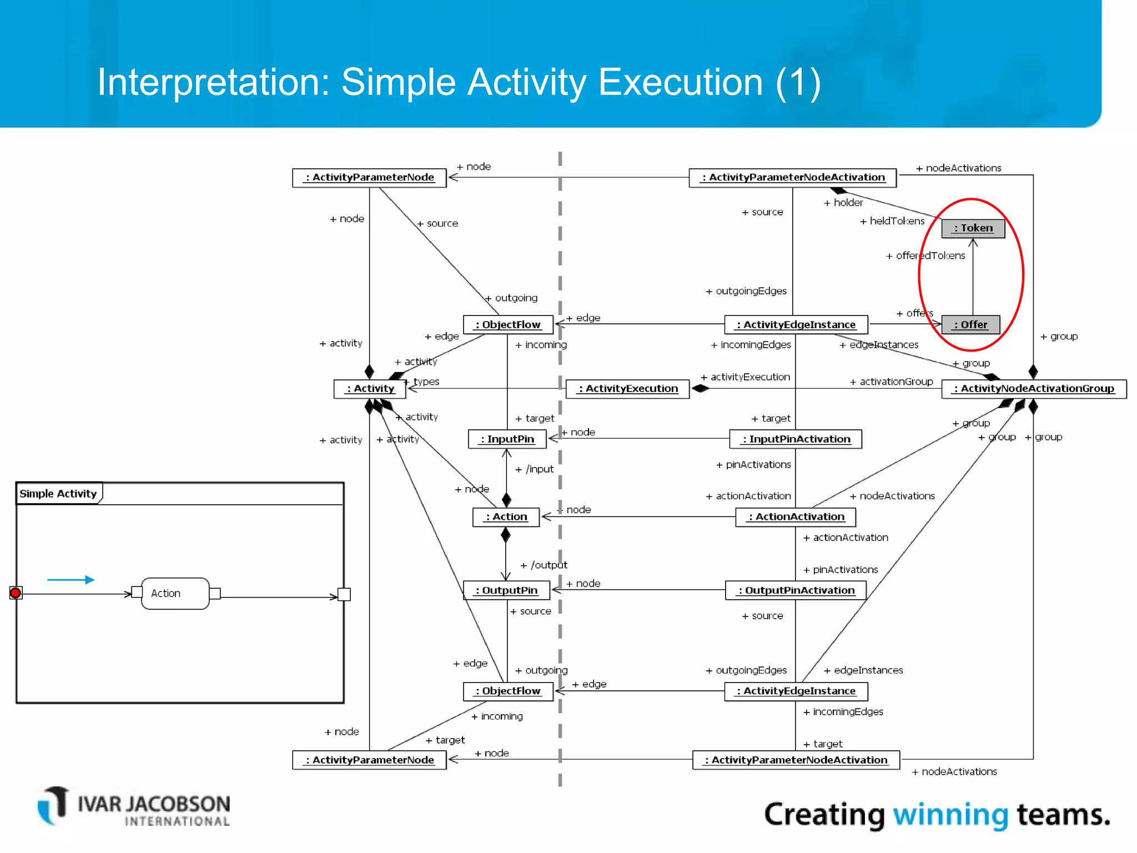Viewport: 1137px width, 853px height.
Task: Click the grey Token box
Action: tap(973, 228)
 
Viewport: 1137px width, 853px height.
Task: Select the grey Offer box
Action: tap(970, 325)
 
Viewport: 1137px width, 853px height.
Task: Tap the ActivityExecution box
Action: tap(627, 389)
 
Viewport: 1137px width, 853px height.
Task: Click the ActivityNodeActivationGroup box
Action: tap(1034, 389)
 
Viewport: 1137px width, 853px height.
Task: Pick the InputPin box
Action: tap(507, 439)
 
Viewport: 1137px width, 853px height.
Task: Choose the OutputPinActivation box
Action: tap(796, 590)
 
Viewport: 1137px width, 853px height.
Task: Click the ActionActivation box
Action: tap(796, 517)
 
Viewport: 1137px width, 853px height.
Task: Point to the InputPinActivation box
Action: tap(796, 439)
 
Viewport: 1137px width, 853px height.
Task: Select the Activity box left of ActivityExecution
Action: tap(370, 389)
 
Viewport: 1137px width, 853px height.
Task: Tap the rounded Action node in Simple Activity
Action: tap(175, 594)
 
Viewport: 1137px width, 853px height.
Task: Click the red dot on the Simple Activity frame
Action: tap(16, 593)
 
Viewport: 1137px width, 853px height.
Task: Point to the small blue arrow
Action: tap(71, 580)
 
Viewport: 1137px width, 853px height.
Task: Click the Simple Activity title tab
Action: tap(58, 494)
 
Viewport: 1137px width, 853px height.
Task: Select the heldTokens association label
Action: tap(892, 221)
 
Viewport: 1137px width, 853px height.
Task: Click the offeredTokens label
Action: tap(925, 256)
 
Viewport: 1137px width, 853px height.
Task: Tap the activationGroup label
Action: tap(891, 382)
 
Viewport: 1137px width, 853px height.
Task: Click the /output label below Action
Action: tap(544, 565)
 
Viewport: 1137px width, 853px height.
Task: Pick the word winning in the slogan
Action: tap(950, 815)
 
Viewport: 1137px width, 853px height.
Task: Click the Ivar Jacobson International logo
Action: tap(134, 807)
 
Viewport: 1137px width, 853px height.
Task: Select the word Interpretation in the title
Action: tap(213, 82)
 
